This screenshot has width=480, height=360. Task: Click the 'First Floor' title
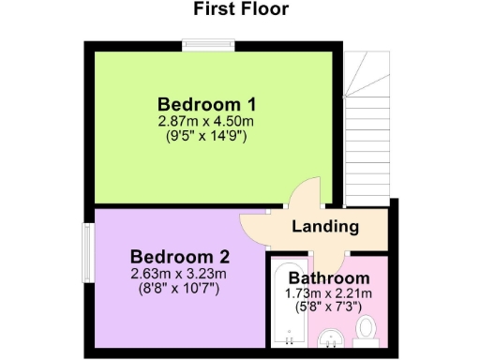point(241,10)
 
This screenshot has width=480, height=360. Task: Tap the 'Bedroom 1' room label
point(207,104)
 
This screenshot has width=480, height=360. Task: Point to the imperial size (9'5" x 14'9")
point(207,135)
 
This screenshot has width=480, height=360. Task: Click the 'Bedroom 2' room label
point(180,257)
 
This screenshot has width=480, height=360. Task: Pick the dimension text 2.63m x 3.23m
point(180,274)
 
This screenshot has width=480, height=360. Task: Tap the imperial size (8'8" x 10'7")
point(180,289)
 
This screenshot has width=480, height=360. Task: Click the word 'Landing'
point(325,227)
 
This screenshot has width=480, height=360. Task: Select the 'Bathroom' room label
point(328,278)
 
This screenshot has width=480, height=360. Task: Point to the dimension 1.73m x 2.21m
point(329,293)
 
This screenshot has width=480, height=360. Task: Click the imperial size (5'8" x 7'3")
point(329,307)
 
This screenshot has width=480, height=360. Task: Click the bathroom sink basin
point(329,337)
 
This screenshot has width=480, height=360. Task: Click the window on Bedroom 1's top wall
point(208,42)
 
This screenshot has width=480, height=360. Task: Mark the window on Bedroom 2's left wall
point(86,251)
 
